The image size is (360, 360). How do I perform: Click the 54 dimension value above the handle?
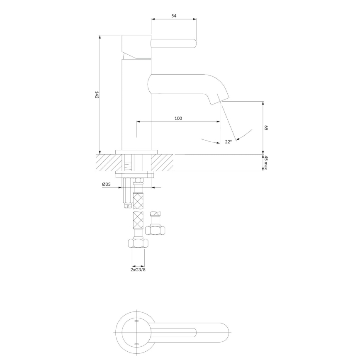[174, 16]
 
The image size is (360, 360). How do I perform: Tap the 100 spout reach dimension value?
[178, 118]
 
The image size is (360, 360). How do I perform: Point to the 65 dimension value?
[266, 128]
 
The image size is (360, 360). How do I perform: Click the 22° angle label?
[228, 142]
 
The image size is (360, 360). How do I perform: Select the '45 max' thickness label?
[266, 163]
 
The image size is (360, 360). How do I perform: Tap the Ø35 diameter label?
[106, 185]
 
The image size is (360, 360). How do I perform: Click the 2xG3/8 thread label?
[138, 270]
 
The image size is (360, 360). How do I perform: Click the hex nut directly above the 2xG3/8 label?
[138, 243]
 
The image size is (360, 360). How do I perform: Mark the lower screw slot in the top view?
[136, 344]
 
